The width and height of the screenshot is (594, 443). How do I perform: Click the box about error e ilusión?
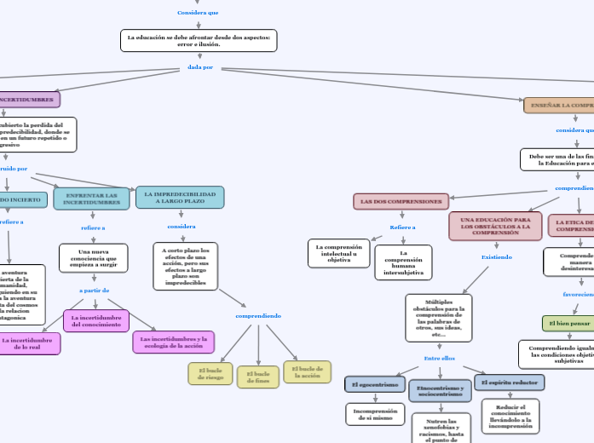(199, 40)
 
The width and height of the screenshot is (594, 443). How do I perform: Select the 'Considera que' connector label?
(198, 13)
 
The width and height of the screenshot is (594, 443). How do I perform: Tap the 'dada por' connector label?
(200, 66)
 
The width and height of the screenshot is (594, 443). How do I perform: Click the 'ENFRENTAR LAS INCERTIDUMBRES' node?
(91, 198)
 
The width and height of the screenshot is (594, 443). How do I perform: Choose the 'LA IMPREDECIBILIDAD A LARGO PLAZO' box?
(180, 198)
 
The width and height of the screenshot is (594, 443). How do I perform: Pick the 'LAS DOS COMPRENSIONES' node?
(401, 202)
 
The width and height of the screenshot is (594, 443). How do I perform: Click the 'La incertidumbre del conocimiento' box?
(96, 320)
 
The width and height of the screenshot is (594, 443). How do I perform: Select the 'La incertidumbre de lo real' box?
(28, 343)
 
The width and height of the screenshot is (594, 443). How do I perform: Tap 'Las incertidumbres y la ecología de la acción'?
(173, 342)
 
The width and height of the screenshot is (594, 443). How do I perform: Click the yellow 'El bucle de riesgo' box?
(210, 373)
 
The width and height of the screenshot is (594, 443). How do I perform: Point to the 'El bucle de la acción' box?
(307, 372)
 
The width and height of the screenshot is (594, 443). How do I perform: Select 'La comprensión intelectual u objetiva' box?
(338, 253)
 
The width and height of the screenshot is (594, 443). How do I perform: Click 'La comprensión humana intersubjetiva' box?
(403, 262)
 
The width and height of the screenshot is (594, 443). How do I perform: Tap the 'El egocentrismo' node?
(374, 384)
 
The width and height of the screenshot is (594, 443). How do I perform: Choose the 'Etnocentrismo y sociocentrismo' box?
(440, 391)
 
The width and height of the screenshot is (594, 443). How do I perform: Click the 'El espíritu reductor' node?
(510, 383)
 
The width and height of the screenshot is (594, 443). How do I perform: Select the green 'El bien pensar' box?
(569, 324)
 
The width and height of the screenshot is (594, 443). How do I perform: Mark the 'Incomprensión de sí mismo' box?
(375, 414)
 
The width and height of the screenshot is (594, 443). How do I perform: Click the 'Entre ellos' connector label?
(440, 358)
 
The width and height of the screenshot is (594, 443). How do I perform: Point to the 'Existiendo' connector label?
(497, 256)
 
